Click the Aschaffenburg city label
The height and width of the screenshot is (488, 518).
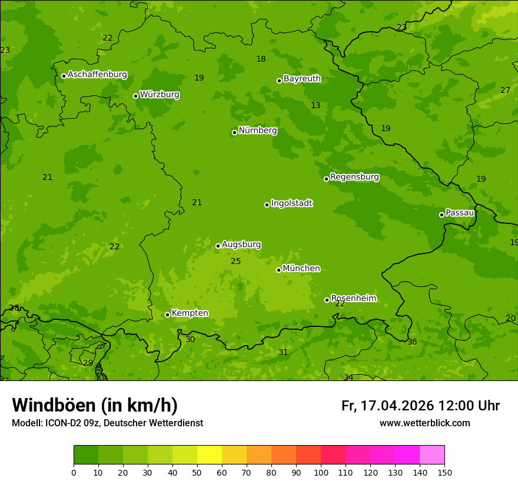pyautogui.click(x=97, y=75)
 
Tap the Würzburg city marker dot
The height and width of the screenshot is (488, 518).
pyautogui.click(x=135, y=96)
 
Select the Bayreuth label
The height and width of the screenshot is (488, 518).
pyautogui.click(x=302, y=79)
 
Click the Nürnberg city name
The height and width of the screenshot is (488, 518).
pyautogui.click(x=258, y=131)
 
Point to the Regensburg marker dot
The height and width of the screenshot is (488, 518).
pyautogui.click(x=326, y=179)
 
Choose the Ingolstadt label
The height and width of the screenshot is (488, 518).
pyautogui.click(x=291, y=203)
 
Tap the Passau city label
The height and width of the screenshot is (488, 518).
pyautogui.click(x=459, y=213)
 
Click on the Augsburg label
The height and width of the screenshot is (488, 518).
pyautogui.click(x=241, y=245)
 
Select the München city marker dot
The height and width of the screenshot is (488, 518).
pyautogui.click(x=278, y=270)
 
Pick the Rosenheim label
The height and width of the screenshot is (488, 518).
pyautogui.click(x=353, y=298)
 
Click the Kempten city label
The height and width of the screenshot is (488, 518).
pyautogui.click(x=190, y=313)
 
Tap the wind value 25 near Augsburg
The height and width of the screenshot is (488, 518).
pyautogui.click(x=235, y=262)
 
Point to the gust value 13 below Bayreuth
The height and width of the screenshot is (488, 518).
pyautogui.click(x=316, y=106)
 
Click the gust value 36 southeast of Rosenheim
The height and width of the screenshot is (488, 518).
pyautogui.click(x=412, y=342)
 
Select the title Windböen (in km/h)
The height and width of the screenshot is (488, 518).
pyautogui.click(x=95, y=405)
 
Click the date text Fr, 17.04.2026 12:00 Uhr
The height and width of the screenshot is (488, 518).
pyautogui.click(x=420, y=406)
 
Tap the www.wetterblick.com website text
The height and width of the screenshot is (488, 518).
pyautogui.click(x=424, y=423)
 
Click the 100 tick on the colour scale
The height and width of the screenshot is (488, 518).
pyautogui.click(x=321, y=472)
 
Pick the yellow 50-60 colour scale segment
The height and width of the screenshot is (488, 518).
pyautogui.click(x=210, y=455)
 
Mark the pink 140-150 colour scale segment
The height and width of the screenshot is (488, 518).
pyautogui.click(x=432, y=455)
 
